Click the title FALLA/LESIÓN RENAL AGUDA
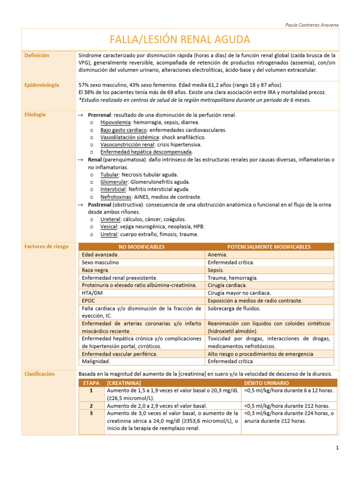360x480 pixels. (x=180, y=39)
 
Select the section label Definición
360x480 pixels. (x=37, y=55)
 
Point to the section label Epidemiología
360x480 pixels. (x=42, y=85)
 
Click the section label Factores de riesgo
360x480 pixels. (x=46, y=246)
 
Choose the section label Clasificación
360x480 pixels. (x=40, y=374)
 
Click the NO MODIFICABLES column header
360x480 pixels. (x=142, y=247)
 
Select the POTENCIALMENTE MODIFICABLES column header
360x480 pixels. (x=269, y=247)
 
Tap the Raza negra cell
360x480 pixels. (x=96, y=270)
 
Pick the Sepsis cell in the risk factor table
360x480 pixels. (x=216, y=270)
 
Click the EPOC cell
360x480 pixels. (x=88, y=300)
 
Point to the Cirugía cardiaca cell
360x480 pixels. (x=227, y=285)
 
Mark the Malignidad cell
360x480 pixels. (x=97, y=361)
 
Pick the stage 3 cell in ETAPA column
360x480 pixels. (x=91, y=413)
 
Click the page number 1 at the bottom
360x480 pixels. (x=337, y=448)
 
